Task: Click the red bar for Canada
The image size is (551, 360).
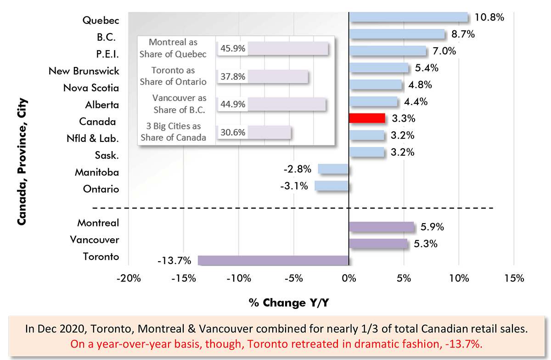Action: (367, 118)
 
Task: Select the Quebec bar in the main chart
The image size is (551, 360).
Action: (408, 17)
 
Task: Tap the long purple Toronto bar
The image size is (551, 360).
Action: (273, 260)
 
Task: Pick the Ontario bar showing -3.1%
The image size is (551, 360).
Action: (332, 186)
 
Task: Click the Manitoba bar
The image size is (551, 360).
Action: (333, 169)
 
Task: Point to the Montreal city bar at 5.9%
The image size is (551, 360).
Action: (382, 227)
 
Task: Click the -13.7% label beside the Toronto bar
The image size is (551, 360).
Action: (174, 261)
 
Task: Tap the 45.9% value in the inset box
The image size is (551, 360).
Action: (232, 48)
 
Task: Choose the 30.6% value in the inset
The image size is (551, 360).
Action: (232, 132)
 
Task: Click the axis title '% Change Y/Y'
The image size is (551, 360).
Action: (289, 303)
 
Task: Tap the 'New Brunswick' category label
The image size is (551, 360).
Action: (84, 71)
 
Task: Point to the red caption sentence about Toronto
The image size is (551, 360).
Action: (275, 343)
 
